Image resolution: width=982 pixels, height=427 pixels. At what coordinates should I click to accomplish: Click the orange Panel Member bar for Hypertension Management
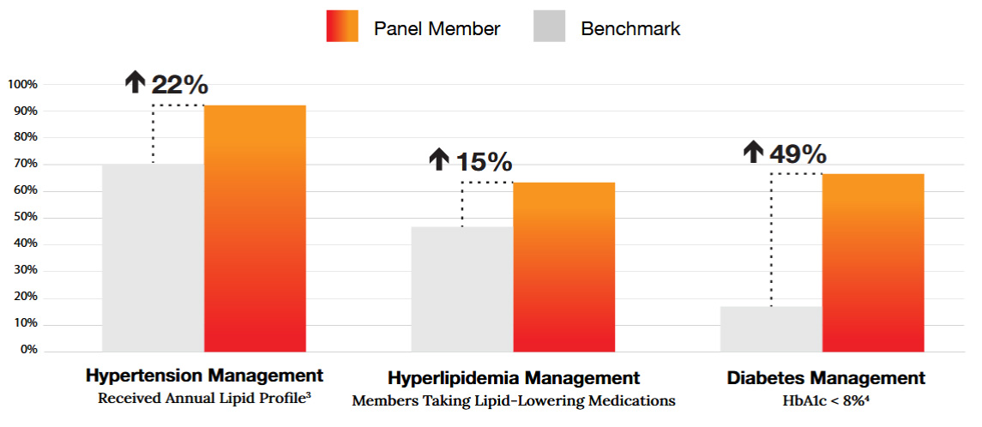pyautogui.click(x=255, y=228)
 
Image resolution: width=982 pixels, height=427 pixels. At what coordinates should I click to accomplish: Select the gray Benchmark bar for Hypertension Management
pyautogui.click(x=153, y=257)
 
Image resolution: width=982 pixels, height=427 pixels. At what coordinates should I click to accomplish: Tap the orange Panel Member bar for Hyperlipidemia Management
pyautogui.click(x=563, y=267)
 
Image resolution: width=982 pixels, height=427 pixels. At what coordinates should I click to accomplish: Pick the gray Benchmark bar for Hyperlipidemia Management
pyautogui.click(x=461, y=289)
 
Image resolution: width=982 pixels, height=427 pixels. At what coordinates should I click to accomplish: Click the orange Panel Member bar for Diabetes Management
pyautogui.click(x=873, y=262)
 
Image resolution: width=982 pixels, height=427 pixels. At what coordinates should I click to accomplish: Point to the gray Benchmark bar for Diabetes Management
pyautogui.click(x=771, y=328)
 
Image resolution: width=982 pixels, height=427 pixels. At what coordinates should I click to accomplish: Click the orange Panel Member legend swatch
pyautogui.click(x=342, y=27)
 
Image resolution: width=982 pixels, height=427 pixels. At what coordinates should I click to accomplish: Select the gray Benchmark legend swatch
pyautogui.click(x=550, y=27)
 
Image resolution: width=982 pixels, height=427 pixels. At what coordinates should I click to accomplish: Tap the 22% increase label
pyautogui.click(x=179, y=84)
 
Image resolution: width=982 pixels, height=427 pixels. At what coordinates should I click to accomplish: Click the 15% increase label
pyautogui.click(x=483, y=161)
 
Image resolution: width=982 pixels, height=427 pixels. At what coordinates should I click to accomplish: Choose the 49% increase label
pyautogui.click(x=798, y=153)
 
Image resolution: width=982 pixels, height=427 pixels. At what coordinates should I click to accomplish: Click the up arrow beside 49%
pyautogui.click(x=753, y=153)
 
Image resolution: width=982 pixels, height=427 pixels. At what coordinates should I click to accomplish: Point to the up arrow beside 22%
pyautogui.click(x=136, y=83)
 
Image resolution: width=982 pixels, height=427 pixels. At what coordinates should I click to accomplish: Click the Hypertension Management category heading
pyautogui.click(x=204, y=376)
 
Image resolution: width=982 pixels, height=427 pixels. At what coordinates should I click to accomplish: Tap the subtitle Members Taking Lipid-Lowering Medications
pyautogui.click(x=513, y=400)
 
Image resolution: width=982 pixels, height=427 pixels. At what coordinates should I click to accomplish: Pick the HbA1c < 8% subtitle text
pyautogui.click(x=825, y=399)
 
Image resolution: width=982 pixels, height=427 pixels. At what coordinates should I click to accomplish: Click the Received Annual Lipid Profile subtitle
pyautogui.click(x=204, y=398)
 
